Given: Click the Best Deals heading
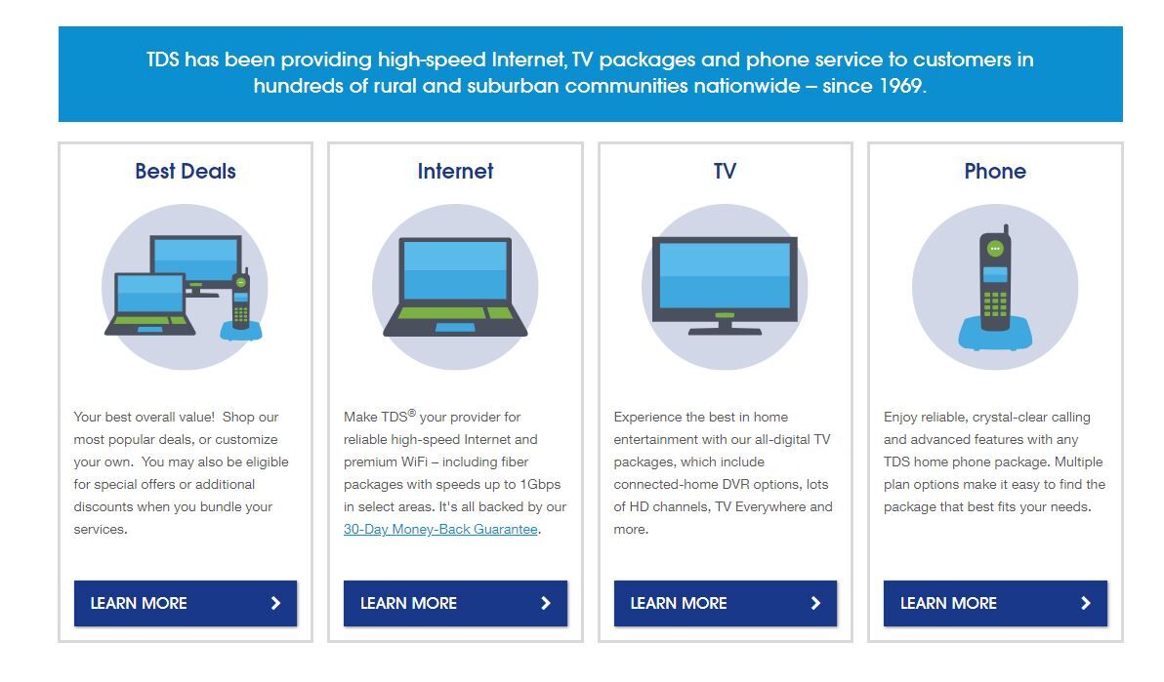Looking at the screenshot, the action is coord(186,172).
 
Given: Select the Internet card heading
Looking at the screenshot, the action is coord(455,172).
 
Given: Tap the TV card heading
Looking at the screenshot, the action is coord(725,172).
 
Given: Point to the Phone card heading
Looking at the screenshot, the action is coord(995,172).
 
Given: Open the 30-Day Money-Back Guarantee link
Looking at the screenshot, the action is coord(440,529).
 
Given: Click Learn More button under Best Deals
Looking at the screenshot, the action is coord(186,603).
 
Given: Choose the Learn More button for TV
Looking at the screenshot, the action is coord(726,603).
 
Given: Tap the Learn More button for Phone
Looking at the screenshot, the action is coord(995,603).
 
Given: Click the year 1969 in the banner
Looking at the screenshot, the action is coord(901,86).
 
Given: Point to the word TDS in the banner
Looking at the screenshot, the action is coord(162,60).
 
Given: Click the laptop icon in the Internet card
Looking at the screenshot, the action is coord(455,287).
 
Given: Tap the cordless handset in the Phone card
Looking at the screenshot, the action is coord(995,277).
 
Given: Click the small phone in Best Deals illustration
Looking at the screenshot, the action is coord(240,300).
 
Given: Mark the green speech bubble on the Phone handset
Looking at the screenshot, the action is coord(995,249).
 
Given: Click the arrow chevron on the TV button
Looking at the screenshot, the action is coord(815,603).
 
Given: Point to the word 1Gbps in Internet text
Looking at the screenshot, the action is coord(540,485).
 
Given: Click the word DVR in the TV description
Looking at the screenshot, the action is coord(736,485).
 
